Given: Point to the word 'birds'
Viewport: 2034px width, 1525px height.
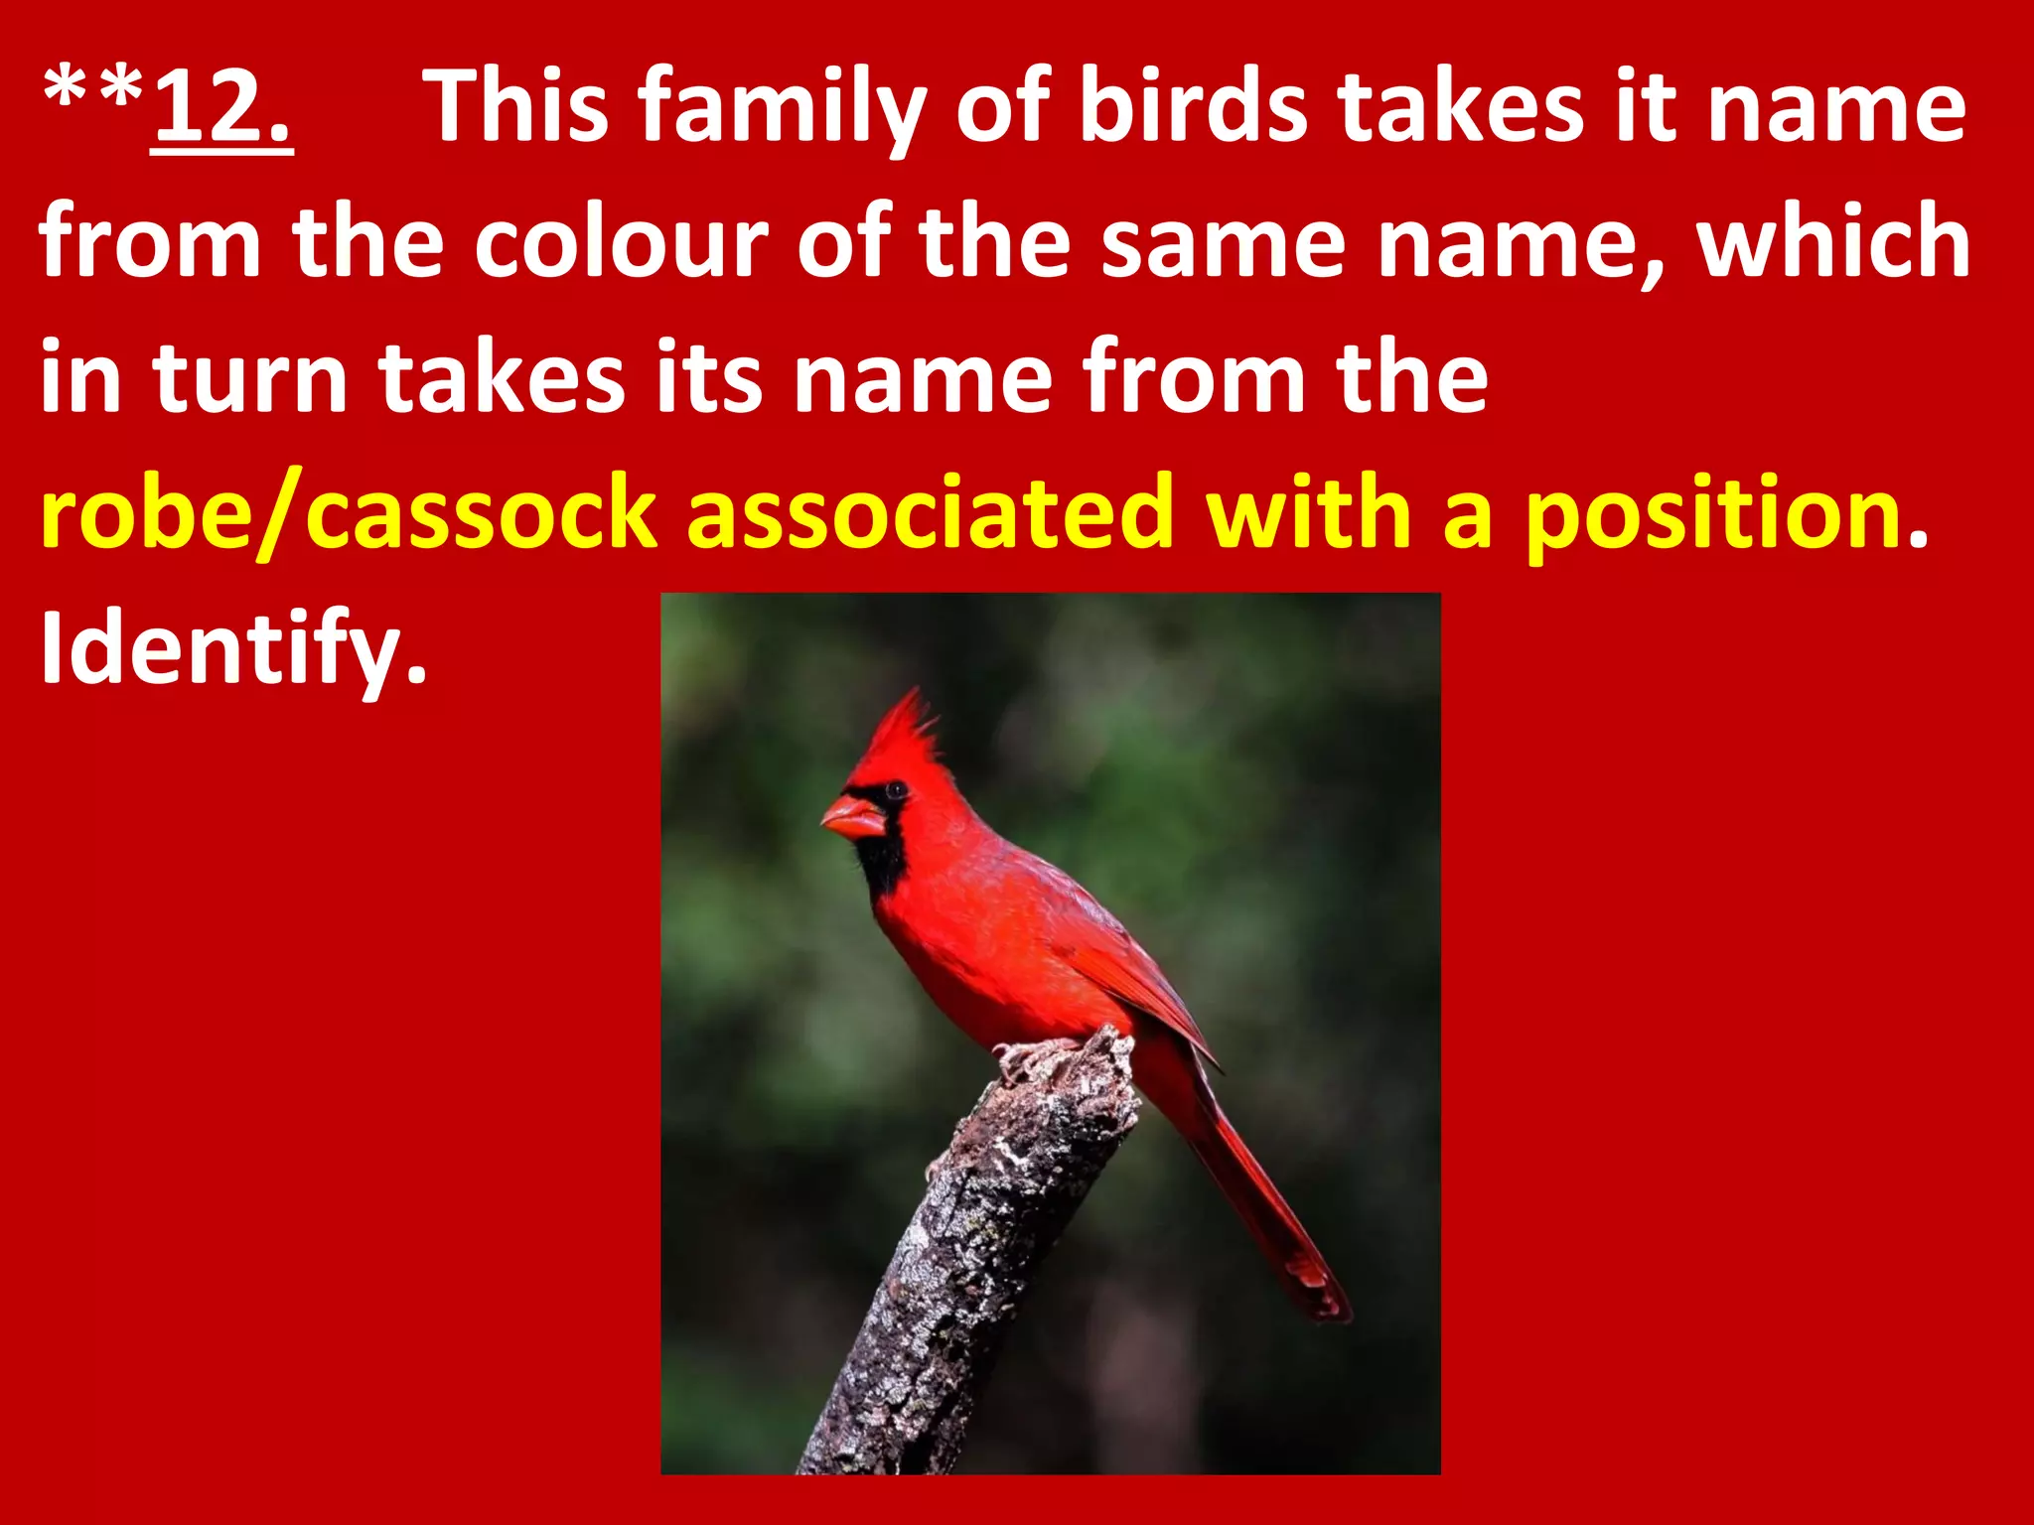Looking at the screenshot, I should click(1193, 107).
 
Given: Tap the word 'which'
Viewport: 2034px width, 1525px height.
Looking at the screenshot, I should click(1833, 242).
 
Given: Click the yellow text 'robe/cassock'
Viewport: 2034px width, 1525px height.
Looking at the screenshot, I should click(349, 514).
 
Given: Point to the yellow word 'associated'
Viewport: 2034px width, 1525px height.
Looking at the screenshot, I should click(930, 514).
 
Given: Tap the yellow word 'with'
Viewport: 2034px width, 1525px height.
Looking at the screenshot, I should click(1312, 514).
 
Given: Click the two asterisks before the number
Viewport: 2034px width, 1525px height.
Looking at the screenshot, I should click(94, 94).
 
